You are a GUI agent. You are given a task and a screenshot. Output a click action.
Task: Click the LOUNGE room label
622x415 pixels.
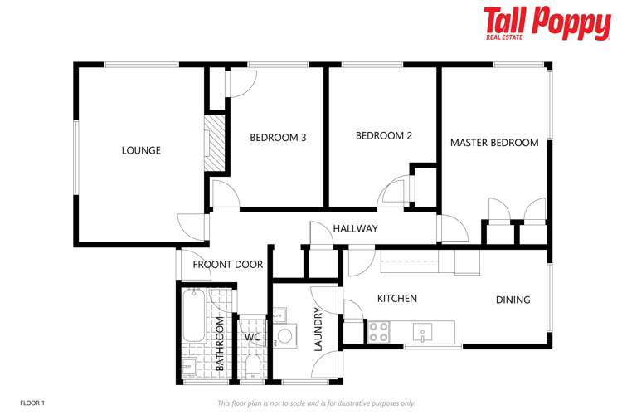pos(141,150)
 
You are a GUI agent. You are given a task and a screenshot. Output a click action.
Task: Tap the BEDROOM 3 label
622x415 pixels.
pos(278,138)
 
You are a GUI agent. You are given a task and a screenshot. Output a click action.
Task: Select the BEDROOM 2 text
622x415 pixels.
pos(384,135)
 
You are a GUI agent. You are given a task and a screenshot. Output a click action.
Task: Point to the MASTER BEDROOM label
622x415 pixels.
pos(494,143)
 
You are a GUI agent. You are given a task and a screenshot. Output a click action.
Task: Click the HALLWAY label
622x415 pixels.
pos(356,228)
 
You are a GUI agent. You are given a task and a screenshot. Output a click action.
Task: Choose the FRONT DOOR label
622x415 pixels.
pos(228,265)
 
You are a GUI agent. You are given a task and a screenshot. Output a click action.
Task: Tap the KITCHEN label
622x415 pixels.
pos(397,299)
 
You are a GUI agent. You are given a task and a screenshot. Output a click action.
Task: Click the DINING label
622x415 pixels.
pos(513,300)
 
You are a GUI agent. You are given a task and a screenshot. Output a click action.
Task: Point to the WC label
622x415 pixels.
pos(252,338)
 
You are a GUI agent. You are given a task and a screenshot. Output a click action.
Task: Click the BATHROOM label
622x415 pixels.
pos(221,344)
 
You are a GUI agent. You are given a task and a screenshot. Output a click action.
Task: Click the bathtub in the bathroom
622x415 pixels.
pos(193,315)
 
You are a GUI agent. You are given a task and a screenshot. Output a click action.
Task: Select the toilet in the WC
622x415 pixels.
pos(252,366)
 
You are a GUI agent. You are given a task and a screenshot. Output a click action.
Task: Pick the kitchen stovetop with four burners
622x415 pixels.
pos(379,331)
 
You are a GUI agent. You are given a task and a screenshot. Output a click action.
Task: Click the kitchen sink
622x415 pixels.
pos(422,333)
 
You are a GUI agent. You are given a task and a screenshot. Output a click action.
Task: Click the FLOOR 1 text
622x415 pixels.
pos(32,403)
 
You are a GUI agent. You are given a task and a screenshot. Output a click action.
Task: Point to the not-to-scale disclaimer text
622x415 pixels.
pos(316,403)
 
